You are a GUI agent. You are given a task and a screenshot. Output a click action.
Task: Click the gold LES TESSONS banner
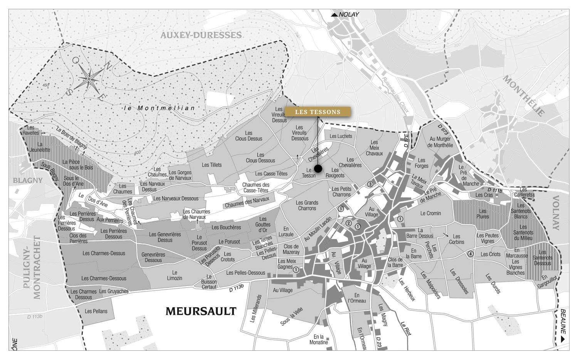coord(318,112)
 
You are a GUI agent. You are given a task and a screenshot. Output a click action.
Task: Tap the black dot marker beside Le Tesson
coord(318,168)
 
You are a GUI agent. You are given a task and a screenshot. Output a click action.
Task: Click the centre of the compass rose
coord(89,79)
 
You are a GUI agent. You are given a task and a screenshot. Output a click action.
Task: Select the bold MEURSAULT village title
coord(201,311)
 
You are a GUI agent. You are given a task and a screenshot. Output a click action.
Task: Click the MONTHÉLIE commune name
coord(524,96)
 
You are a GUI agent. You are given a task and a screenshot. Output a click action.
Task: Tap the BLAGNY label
coord(28,180)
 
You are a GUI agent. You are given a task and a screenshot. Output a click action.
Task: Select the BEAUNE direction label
coord(563,323)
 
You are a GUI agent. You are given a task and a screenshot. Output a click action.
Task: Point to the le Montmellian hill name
coord(160,108)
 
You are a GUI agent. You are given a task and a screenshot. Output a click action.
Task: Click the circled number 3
coord(370,184)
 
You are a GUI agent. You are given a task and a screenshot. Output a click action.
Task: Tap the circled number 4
coord(470,254)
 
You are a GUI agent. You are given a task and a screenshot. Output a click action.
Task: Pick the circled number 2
coord(348,223)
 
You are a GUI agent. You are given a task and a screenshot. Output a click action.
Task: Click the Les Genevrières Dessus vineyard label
coord(165,237)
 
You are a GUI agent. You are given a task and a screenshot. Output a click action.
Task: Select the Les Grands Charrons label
coord(307,205)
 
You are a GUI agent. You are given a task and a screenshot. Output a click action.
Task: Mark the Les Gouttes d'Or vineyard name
coord(263,225)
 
